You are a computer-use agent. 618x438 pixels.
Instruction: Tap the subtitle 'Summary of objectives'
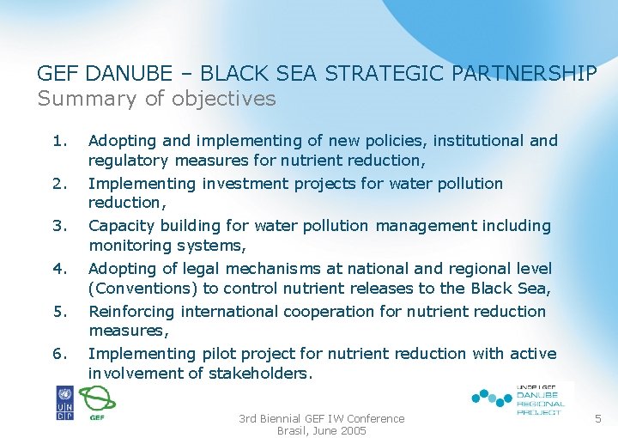(156, 99)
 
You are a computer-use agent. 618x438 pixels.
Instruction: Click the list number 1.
(58, 140)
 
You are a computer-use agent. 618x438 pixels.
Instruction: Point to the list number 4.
(58, 269)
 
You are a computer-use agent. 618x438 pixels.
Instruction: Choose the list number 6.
(58, 354)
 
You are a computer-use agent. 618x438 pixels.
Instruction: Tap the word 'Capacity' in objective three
(120, 226)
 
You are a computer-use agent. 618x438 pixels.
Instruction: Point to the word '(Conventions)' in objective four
(138, 289)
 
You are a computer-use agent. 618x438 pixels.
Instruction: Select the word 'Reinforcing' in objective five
(130, 312)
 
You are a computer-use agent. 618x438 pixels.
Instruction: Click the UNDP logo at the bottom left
(65, 402)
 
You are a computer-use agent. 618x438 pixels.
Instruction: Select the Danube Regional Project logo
(519, 399)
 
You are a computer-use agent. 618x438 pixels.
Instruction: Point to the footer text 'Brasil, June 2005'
(321, 430)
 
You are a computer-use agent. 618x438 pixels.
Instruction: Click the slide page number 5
(597, 419)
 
